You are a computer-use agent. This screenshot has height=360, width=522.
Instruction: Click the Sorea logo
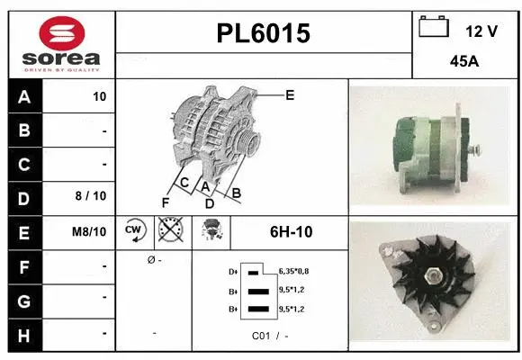(62, 45)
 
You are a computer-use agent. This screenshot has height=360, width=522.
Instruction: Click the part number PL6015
(264, 33)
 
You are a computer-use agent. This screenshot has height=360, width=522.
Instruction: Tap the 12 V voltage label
(481, 31)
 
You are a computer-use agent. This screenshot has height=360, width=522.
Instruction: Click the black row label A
(23, 97)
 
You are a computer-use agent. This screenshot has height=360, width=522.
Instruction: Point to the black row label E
(23, 232)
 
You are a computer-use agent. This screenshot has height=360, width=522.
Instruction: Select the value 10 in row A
(99, 97)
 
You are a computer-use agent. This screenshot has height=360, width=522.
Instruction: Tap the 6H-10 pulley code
(291, 231)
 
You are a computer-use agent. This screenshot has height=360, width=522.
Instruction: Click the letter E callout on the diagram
(290, 94)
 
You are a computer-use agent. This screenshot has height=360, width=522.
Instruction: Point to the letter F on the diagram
(165, 201)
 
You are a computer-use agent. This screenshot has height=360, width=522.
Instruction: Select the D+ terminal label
(233, 271)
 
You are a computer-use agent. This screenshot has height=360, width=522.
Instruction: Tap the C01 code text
(261, 335)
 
